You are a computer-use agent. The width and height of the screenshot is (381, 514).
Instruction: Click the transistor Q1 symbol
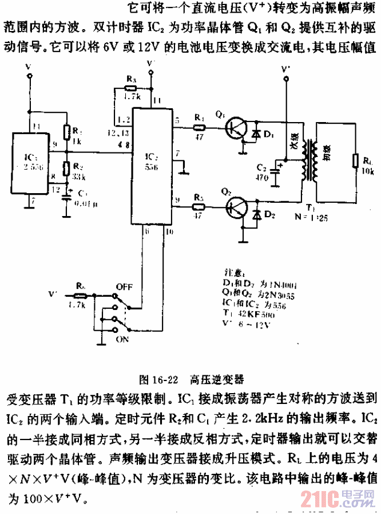pyautogui.click(x=235, y=127)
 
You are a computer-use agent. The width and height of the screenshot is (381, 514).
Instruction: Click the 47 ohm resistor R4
pyautogui.click(x=199, y=127)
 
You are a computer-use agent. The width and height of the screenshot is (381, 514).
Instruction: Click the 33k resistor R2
pyautogui.click(x=66, y=168)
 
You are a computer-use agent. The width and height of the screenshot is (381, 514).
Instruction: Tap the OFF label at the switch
pyautogui.click(x=124, y=285)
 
